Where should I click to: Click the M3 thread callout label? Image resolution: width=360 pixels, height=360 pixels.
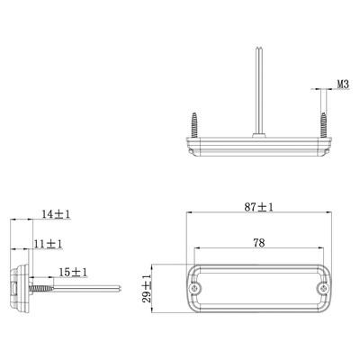tap(343, 85)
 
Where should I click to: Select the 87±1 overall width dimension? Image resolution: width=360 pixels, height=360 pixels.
tap(258, 207)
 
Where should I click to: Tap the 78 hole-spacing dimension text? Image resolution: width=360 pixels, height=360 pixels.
tap(259, 243)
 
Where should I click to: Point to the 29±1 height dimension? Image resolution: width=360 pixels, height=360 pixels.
tap(147, 288)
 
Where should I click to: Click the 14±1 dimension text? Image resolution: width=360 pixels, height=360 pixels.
tap(56, 214)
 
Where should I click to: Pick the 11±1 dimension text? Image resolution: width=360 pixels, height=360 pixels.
tap(48, 244)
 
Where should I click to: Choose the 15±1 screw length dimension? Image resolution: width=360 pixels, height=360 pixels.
tap(73, 273)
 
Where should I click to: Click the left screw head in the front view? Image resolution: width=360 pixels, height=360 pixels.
tap(195, 288)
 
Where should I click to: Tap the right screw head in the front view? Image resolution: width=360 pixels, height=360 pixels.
tap(323, 288)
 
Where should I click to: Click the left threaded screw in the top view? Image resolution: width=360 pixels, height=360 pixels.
tap(194, 125)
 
